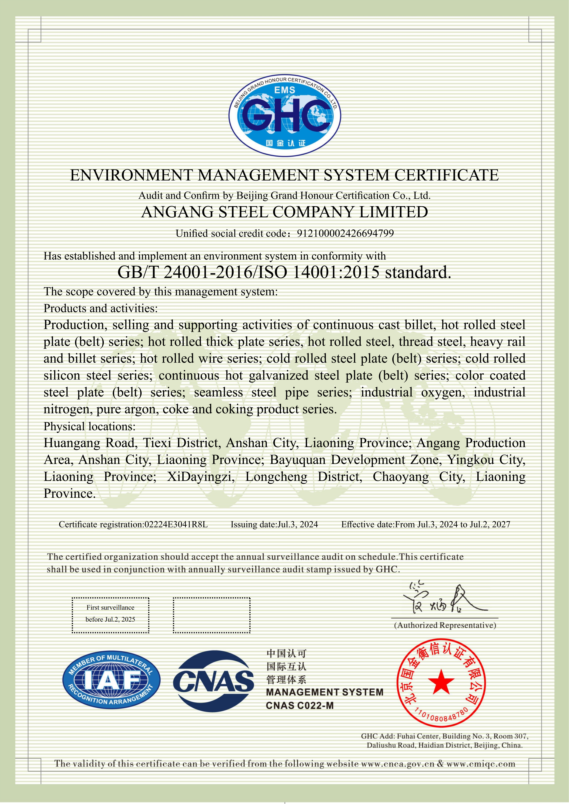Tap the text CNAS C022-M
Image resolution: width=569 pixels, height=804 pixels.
[300, 705]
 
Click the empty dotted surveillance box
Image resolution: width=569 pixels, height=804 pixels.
[212, 615]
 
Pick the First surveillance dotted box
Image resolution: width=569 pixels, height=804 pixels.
[110, 615]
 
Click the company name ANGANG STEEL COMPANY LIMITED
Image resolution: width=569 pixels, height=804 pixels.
[284, 212]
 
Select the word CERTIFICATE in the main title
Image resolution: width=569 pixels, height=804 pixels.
[447, 175]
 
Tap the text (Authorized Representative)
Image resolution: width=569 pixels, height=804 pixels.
[445, 625]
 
